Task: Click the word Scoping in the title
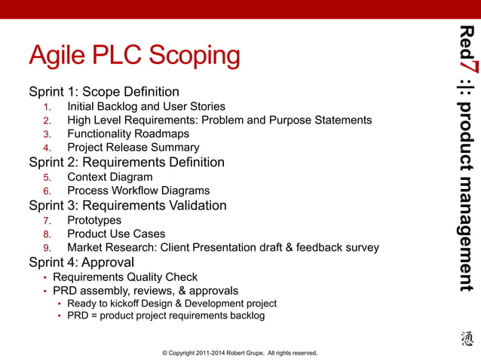[194, 56]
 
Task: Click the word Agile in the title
[59, 56]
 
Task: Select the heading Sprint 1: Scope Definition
[104, 93]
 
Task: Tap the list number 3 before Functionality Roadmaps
[47, 134]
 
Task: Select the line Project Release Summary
[133, 148]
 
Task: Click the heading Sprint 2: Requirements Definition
[127, 163]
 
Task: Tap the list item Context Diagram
[109, 177]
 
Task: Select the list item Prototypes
[94, 220]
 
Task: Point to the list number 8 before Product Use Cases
[47, 234]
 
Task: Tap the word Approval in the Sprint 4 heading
[107, 263]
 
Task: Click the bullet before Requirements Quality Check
[44, 277]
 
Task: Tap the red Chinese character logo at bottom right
[467, 340]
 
